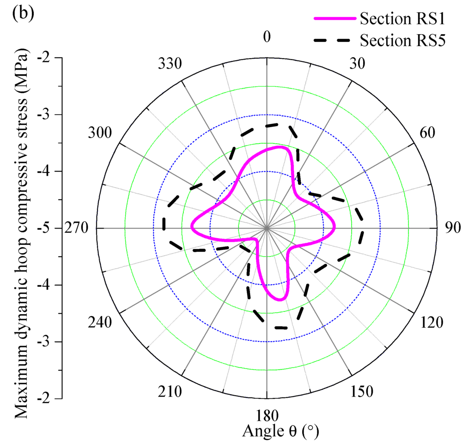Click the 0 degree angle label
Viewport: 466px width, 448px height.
tap(267, 38)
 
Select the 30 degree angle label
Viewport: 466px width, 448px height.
tap(362, 65)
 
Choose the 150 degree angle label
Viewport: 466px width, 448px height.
tap(363, 392)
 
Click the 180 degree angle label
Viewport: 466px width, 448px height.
tap(267, 417)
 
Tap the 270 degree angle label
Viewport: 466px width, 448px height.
tap(78, 228)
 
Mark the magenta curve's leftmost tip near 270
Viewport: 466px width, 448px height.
tap(192, 227)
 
